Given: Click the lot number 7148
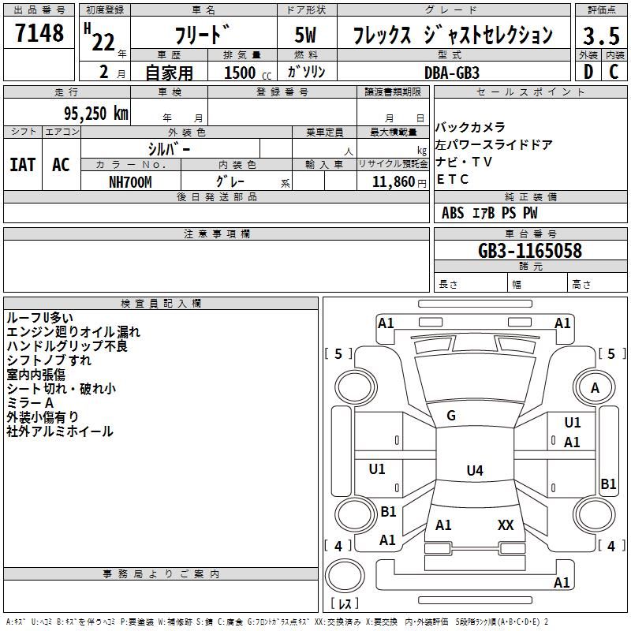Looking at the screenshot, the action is pos(39,33).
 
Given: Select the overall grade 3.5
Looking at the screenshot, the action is pos(601,36).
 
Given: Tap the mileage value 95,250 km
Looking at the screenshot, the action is pos(95,114).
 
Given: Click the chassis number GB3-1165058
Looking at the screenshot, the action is pos(530,251).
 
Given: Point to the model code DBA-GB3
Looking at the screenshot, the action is pos(452,73).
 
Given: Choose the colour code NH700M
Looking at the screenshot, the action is pos(130,182).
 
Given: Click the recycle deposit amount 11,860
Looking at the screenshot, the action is pos(394,182).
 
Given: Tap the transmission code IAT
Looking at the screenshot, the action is pos(23,165).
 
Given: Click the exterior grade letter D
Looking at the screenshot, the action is pos(588,72).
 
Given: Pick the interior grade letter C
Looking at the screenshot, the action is pos(614,72).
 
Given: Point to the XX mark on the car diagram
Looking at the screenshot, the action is pos(506,525).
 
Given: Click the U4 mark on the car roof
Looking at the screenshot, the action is pos(475,470).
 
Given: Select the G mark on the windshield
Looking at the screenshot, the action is pos(451,416).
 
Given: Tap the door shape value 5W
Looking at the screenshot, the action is pos(305,35).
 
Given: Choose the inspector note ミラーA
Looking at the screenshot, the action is pos(30,403).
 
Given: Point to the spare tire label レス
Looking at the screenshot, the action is pos(345,603).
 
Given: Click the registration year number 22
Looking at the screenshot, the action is pos(103,42).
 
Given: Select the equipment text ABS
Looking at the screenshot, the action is pos(453,213).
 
